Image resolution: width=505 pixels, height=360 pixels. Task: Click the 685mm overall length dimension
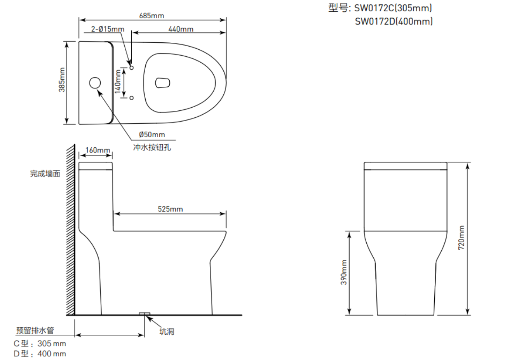pyautogui.click(x=151, y=16)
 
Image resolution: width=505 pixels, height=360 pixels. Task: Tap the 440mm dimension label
pyautogui.click(x=181, y=29)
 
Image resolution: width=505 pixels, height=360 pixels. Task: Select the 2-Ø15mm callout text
pyautogui.click(x=108, y=29)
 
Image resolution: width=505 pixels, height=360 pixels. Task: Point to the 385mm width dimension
pyautogui.click(x=62, y=80)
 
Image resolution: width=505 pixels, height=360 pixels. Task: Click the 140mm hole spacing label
pyautogui.click(x=118, y=81)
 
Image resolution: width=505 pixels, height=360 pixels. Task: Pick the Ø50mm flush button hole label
pyautogui.click(x=152, y=135)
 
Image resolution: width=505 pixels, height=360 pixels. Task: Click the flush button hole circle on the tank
pyautogui.click(x=95, y=83)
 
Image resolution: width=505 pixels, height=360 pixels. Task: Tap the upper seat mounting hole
pyautogui.click(x=132, y=68)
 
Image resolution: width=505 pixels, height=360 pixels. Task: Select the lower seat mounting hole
pyautogui.click(x=132, y=98)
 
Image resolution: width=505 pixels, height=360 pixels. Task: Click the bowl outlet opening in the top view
pyautogui.click(x=162, y=83)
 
